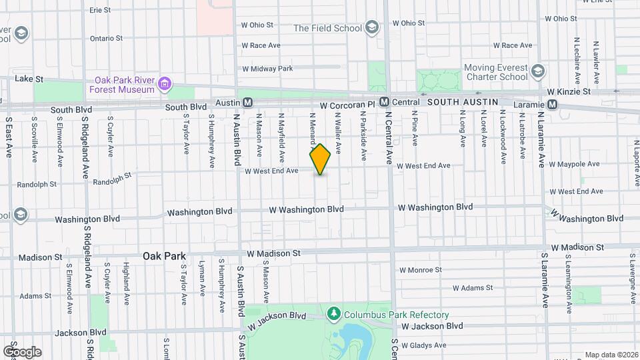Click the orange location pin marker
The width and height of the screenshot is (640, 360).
click(x=321, y=159)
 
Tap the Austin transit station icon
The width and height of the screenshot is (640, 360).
click(x=247, y=103)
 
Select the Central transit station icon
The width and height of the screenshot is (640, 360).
click(x=384, y=103)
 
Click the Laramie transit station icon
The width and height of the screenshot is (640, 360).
click(x=553, y=104)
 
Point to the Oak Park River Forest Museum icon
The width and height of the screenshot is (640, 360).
click(x=165, y=85)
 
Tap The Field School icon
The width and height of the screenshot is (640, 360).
click(x=371, y=28)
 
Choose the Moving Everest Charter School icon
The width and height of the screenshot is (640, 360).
click(x=537, y=71)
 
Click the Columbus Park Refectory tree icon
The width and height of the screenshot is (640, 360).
click(x=334, y=314)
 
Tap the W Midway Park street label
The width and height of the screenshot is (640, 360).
click(x=267, y=69)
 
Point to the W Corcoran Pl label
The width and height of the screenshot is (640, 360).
click(x=348, y=105)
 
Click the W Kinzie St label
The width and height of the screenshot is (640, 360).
click(x=568, y=91)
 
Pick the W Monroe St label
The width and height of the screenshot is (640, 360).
click(x=419, y=271)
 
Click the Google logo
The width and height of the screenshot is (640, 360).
click(x=22, y=351)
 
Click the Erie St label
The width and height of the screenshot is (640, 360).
click(x=99, y=10)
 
